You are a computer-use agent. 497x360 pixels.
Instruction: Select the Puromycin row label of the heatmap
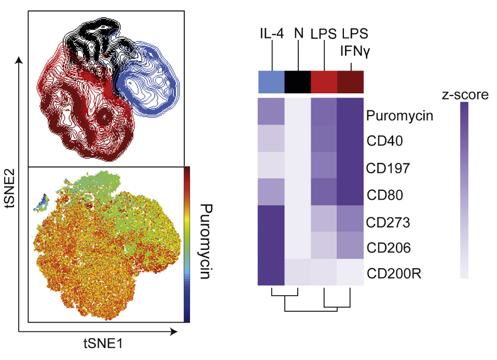(399, 116)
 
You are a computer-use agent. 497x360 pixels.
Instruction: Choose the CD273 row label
(388, 223)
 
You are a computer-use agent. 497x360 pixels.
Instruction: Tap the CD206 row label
(388, 248)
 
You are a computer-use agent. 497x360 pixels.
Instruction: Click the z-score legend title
(464, 95)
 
